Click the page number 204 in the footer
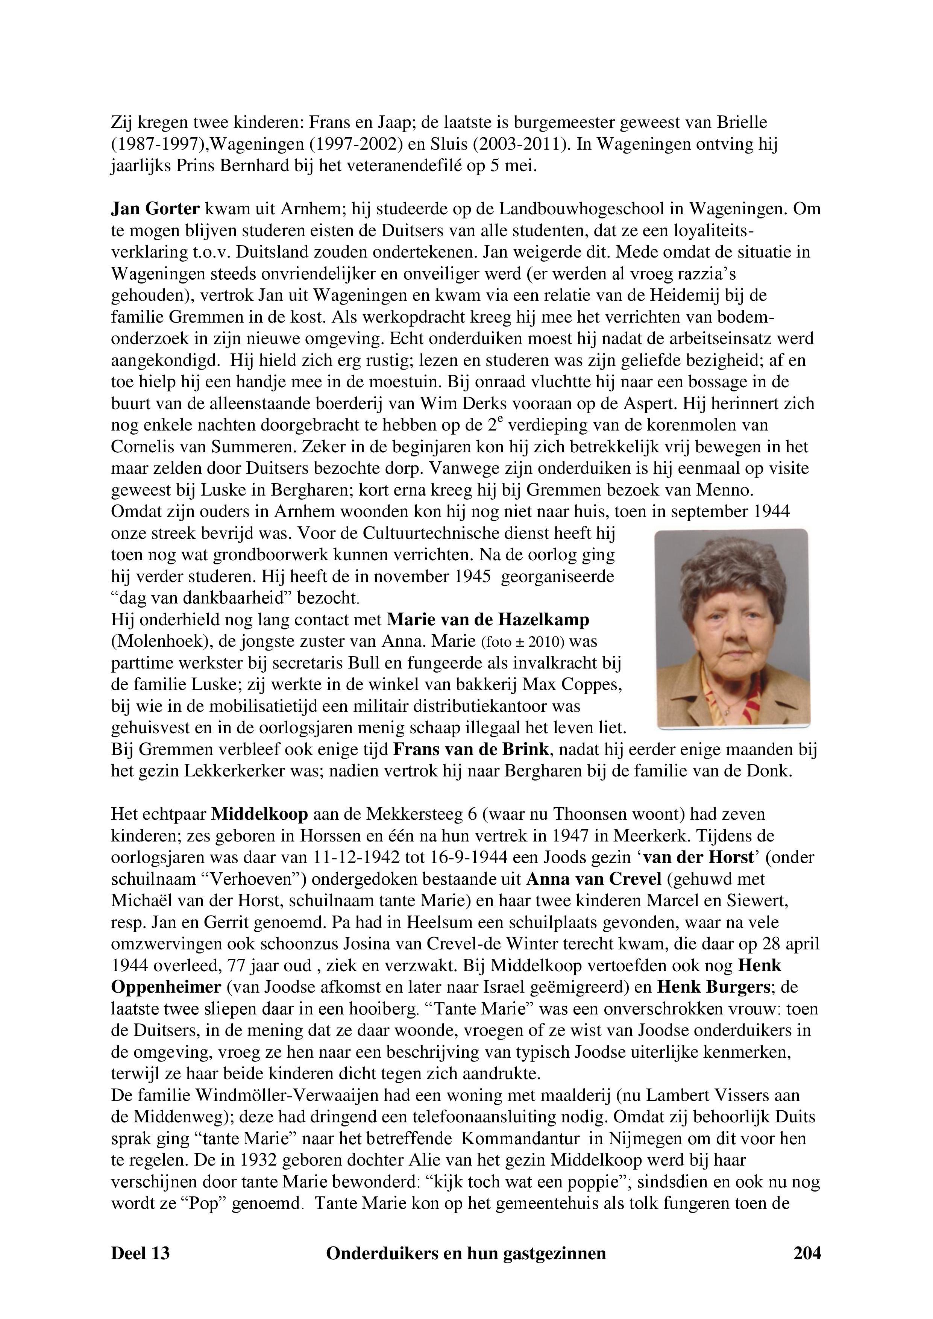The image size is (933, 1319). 807,1253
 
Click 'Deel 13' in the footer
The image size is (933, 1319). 140,1253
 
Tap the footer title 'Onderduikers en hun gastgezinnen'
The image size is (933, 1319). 466,1253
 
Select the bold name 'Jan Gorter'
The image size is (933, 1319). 155,209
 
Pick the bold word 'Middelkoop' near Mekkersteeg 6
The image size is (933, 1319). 260,814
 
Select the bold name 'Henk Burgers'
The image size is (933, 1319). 712,987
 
